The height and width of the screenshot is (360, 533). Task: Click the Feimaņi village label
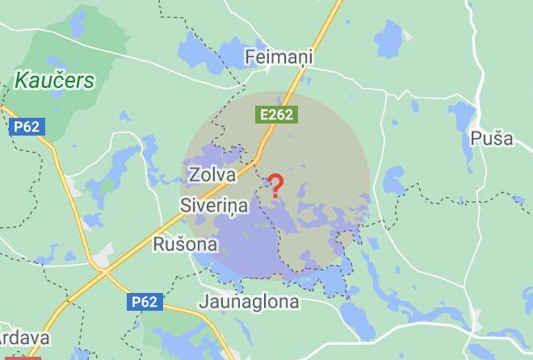point(278,57)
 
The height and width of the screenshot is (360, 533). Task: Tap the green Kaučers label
point(54,81)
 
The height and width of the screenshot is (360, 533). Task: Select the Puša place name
point(491,138)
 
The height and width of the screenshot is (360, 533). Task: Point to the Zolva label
point(212,174)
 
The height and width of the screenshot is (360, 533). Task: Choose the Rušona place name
point(185,244)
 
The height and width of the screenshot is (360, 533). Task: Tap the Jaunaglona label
point(249,302)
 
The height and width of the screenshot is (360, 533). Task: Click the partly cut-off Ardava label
point(24,338)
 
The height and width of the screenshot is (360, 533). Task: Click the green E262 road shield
point(276,115)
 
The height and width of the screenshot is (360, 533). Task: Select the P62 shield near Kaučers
point(27,127)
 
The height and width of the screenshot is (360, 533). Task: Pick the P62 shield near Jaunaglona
point(145,302)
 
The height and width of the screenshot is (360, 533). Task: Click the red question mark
point(275,186)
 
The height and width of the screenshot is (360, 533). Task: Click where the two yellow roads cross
point(105,274)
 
